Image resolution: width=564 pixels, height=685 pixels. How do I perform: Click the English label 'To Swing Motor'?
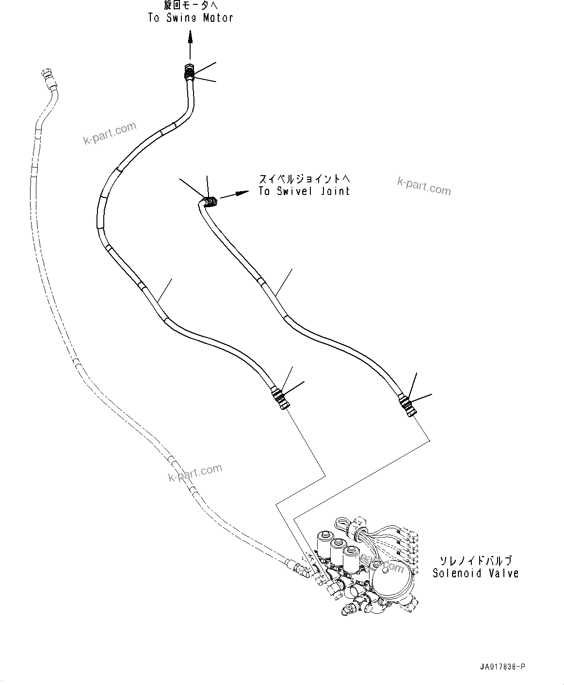[x=191, y=18]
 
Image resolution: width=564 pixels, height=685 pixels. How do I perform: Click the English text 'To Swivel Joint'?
[x=304, y=191]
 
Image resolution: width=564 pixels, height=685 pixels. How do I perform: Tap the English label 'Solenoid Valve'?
[x=475, y=573]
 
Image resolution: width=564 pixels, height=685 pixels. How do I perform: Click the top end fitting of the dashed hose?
[x=48, y=77]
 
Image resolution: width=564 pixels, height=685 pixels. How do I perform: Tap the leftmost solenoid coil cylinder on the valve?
[x=322, y=545]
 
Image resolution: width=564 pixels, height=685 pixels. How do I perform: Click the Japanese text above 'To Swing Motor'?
[x=191, y=6]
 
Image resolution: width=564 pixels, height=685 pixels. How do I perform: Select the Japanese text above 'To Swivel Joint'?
[x=304, y=179]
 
